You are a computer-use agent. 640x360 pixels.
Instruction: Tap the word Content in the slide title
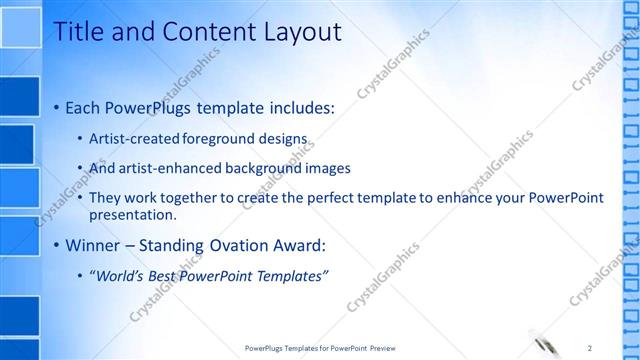coord(198,32)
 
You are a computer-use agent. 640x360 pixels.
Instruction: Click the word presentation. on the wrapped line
coord(132,214)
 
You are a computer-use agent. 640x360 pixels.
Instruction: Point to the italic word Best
coord(165,276)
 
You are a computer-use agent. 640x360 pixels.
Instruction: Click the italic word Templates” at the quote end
coord(291,276)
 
